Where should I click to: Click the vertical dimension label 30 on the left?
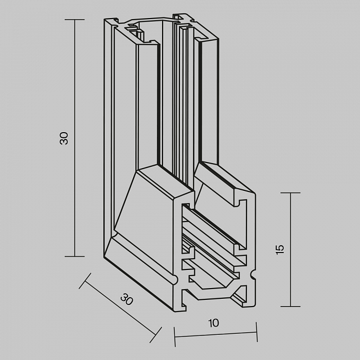[x=64, y=138]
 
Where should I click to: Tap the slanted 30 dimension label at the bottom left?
[x=125, y=299]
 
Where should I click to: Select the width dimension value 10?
[x=214, y=323]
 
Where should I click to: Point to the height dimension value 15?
[x=280, y=249]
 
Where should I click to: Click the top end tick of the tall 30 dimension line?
[x=75, y=20]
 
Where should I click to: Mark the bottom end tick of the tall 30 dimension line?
[x=75, y=256]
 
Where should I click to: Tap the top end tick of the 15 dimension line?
[x=291, y=193]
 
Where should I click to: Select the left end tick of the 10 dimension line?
[x=175, y=336]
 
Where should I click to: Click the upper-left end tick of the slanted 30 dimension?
[x=85, y=281]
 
